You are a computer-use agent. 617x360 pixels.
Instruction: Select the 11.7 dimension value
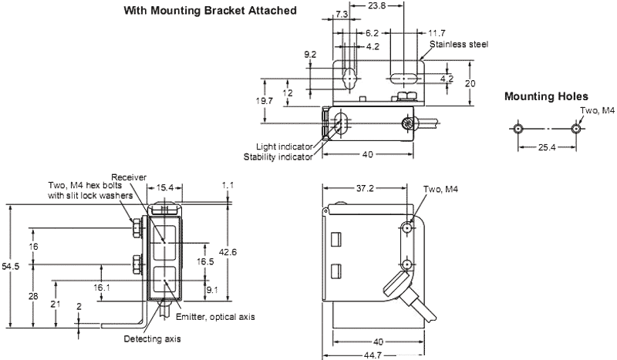pos(436,33)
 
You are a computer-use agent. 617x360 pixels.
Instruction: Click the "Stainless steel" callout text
pos(459,44)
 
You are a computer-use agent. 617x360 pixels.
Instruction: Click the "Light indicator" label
pos(286,146)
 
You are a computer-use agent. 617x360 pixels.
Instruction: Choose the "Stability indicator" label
pos(278,157)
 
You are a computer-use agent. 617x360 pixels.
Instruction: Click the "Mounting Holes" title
pos(546,96)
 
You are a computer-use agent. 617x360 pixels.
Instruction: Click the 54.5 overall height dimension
pos(10,266)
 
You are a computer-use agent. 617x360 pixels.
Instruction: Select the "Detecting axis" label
pos(150,338)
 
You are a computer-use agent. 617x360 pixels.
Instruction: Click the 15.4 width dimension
pos(164,187)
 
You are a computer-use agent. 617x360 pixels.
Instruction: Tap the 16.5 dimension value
pos(206,261)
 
